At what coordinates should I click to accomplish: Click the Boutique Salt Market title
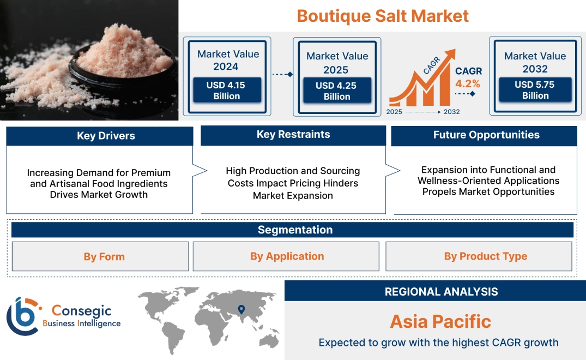[383, 16]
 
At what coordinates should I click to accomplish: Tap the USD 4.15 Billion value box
[227, 91]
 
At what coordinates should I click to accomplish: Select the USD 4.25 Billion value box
[337, 91]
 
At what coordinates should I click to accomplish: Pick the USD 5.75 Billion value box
[535, 90]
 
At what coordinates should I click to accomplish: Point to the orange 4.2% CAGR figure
[468, 83]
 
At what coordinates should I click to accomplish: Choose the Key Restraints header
[293, 135]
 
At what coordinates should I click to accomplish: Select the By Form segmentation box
[104, 256]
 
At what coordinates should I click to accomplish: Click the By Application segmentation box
[287, 256]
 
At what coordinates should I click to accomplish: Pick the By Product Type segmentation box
[485, 256]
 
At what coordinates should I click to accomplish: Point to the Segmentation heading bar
[294, 230]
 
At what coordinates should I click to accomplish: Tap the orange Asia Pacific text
[440, 321]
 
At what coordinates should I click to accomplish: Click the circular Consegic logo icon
[23, 316]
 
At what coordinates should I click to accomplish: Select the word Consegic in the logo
[81, 311]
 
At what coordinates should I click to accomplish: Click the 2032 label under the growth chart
[452, 112]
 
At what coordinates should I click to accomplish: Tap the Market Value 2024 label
[228, 60]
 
